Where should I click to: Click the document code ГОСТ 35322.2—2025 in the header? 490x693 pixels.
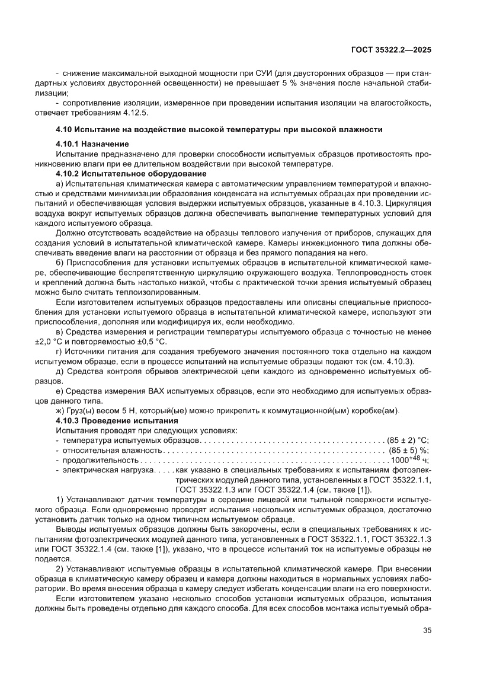click(392, 50)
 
